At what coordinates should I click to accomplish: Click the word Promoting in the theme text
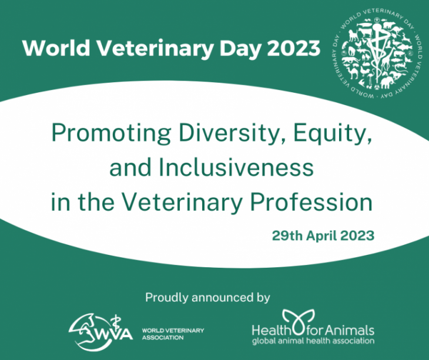pyautogui.click(x=111, y=133)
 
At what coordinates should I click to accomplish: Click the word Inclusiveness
pyautogui.click(x=236, y=167)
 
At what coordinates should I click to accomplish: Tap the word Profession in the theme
pyautogui.click(x=311, y=202)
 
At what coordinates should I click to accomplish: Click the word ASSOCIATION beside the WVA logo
pyautogui.click(x=163, y=338)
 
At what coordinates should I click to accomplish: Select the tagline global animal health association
pyautogui.click(x=313, y=341)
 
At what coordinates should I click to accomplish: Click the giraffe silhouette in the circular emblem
pyautogui.click(x=386, y=62)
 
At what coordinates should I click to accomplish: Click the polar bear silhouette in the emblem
pyautogui.click(x=389, y=25)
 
